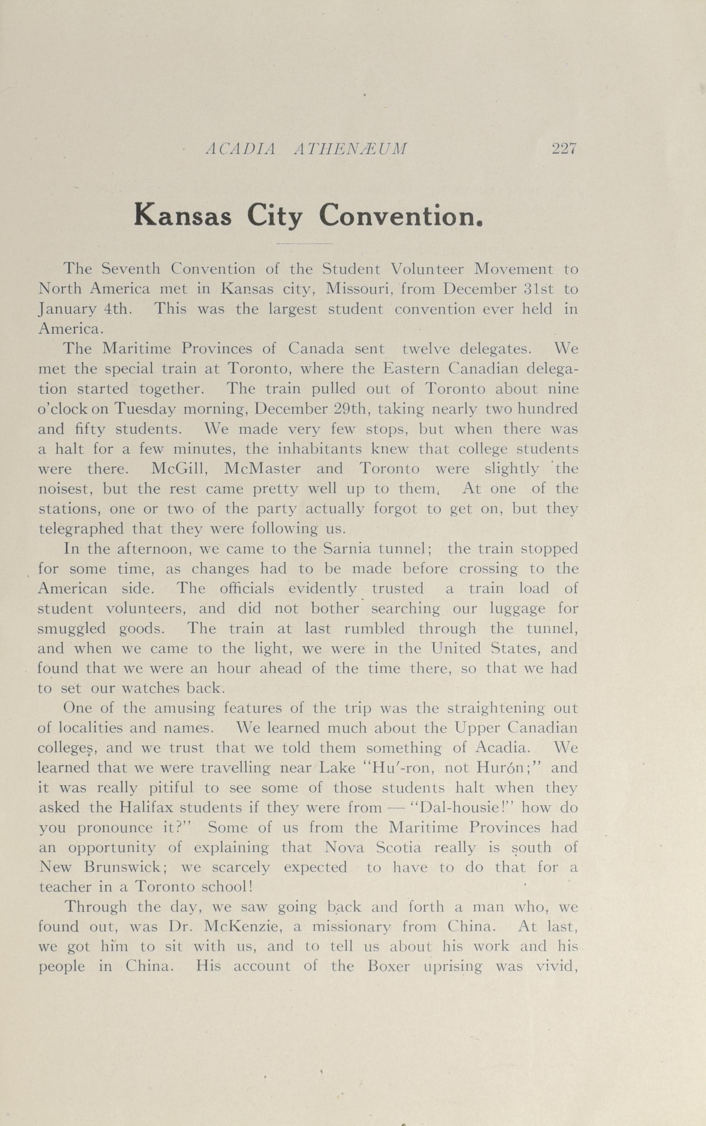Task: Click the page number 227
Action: click(565, 149)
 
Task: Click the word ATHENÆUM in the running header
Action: click(351, 149)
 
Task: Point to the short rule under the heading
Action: click(305, 244)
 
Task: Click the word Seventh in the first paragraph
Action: click(131, 269)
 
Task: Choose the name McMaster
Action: click(262, 468)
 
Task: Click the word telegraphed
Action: click(81, 529)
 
